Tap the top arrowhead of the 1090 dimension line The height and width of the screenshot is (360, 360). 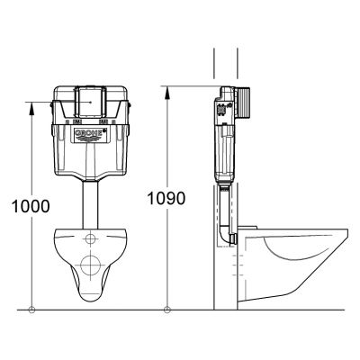167,89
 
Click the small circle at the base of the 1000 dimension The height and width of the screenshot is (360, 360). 32,310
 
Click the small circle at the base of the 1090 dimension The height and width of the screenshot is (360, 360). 167,310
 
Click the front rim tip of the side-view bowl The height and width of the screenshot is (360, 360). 346,237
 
